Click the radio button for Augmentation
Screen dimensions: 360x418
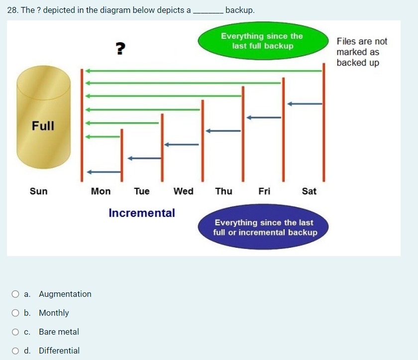pyautogui.click(x=16, y=294)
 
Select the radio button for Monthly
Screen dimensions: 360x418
pyautogui.click(x=16, y=313)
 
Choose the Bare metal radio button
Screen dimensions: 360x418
pyautogui.click(x=16, y=332)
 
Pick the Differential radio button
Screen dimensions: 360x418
pyautogui.click(x=16, y=351)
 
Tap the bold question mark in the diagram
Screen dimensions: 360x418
pyautogui.click(x=120, y=48)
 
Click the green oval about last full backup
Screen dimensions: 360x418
pyautogui.click(x=262, y=41)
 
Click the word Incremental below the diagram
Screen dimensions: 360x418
pyautogui.click(x=142, y=213)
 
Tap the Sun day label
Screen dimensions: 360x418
pyautogui.click(x=39, y=191)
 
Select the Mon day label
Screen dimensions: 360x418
pyautogui.click(x=101, y=191)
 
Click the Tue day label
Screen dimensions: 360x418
pyautogui.click(x=142, y=191)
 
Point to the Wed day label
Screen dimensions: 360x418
pyautogui.click(x=184, y=191)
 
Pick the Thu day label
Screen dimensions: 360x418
pyautogui.click(x=223, y=191)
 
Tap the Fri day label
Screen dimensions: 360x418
pyautogui.click(x=264, y=191)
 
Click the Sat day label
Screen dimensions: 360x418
pyautogui.click(x=309, y=191)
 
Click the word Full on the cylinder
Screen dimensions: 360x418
pyautogui.click(x=43, y=126)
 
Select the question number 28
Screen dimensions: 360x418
pyautogui.click(x=13, y=10)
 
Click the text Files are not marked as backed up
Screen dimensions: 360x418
pyautogui.click(x=361, y=52)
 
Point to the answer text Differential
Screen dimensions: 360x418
pyautogui.click(x=59, y=351)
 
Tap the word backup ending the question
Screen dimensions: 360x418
pyautogui.click(x=240, y=10)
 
